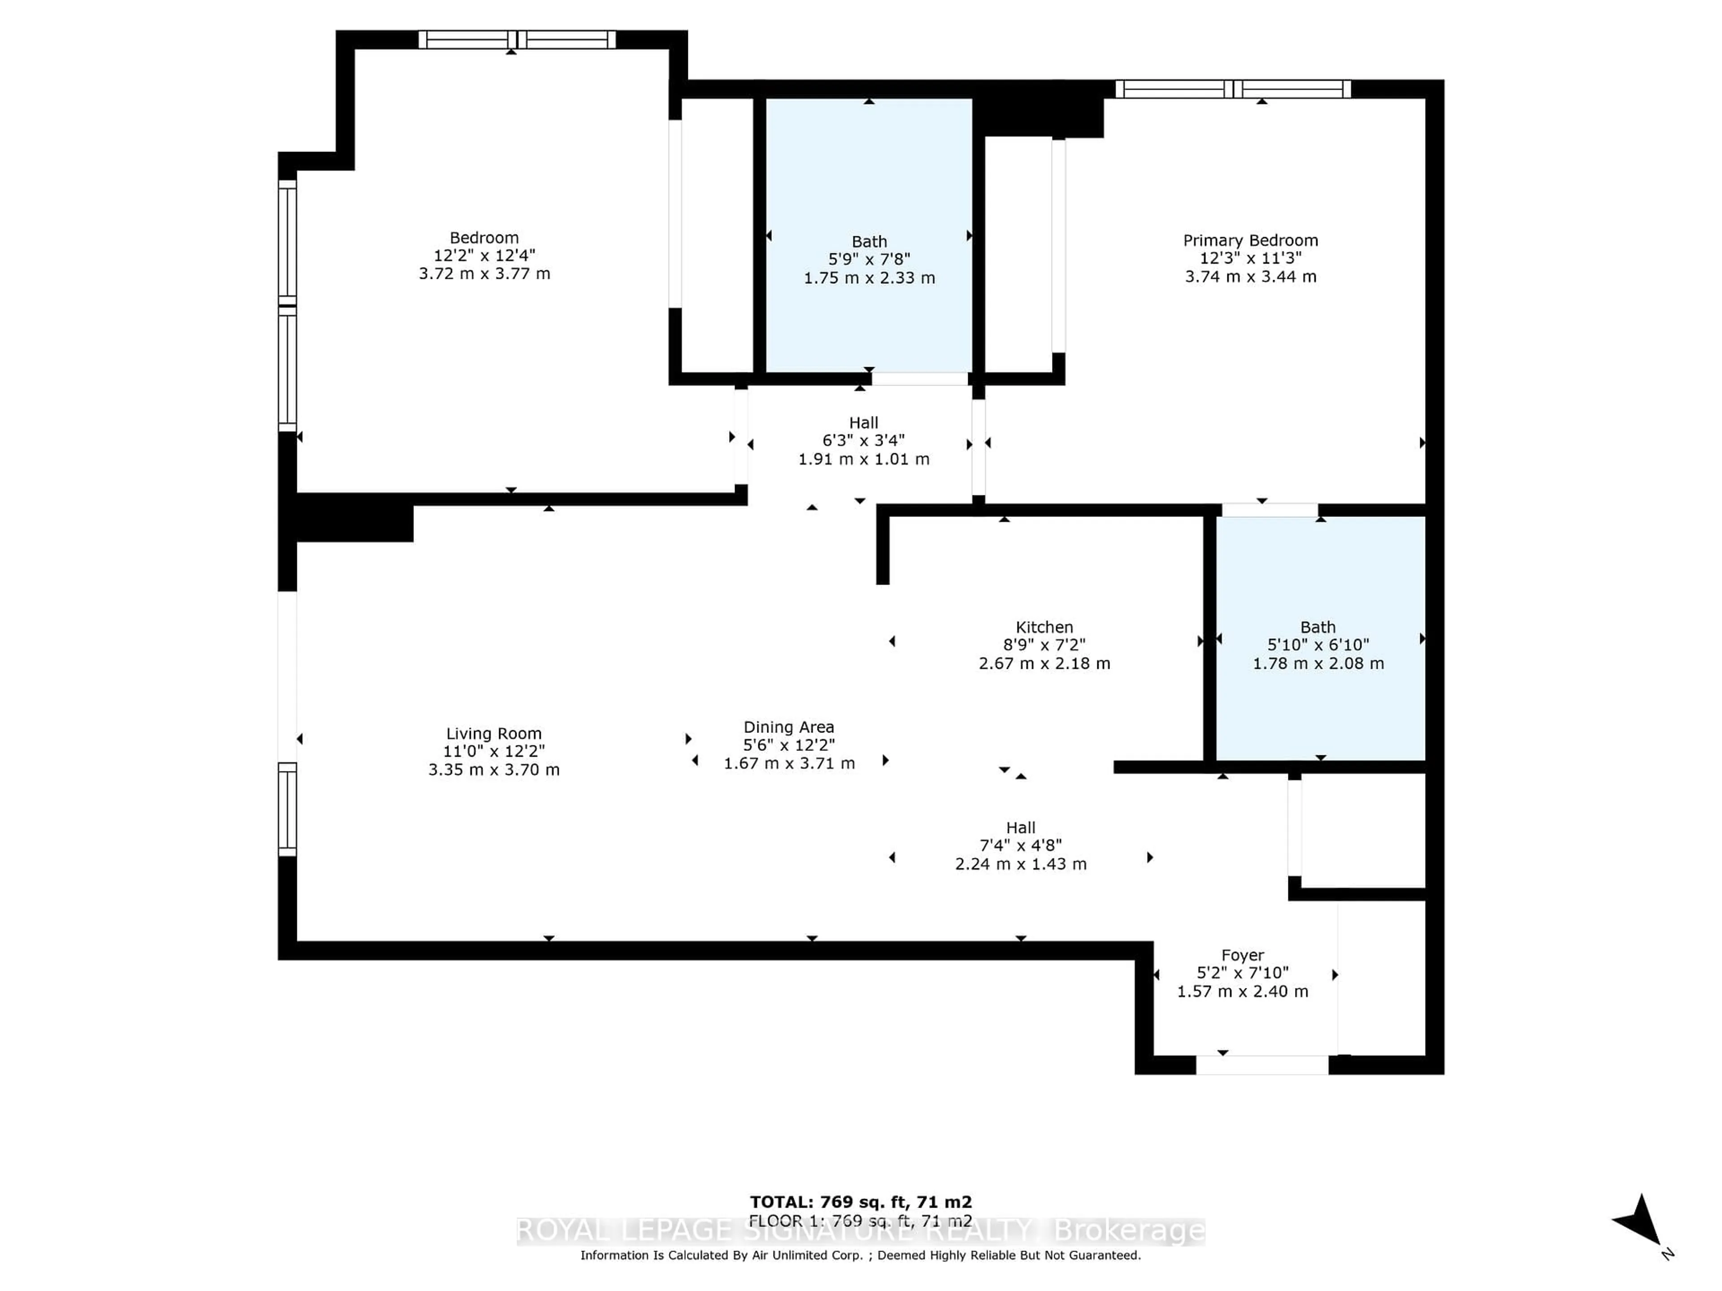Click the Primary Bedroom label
pos(1250,240)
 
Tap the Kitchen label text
pos(1044,627)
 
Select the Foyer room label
pos(1243,955)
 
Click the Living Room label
pos(494,733)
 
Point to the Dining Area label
pos(789,727)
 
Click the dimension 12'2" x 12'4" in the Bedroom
pos(484,255)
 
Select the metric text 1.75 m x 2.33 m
pos(869,278)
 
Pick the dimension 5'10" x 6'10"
pos(1318,645)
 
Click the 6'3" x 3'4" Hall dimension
pos(863,441)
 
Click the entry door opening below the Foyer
pos(1262,1065)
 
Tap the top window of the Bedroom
pos(517,40)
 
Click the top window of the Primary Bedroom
pos(1233,89)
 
